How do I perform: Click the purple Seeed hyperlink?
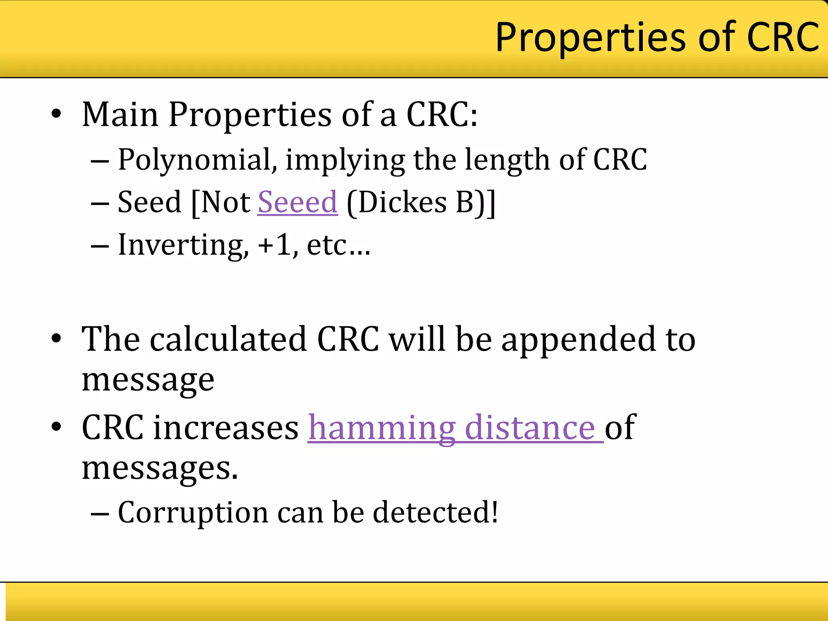tap(298, 202)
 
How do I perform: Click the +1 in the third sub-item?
tap(275, 245)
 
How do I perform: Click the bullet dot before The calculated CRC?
tap(57, 339)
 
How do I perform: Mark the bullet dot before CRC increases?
tap(57, 427)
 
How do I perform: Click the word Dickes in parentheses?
tap(402, 202)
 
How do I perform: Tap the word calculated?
tap(228, 339)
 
